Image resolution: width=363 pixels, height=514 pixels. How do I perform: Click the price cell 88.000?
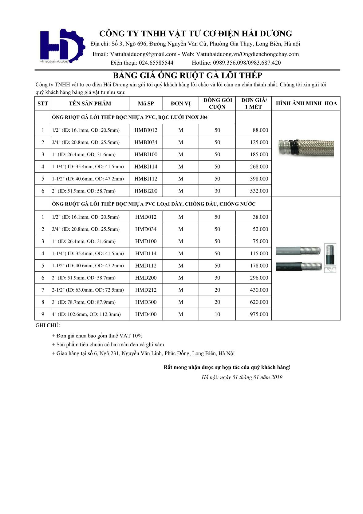260,130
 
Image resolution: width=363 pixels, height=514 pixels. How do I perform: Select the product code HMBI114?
146,166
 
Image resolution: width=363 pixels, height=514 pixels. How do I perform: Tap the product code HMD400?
146,314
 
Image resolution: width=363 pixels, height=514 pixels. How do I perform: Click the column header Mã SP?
146,103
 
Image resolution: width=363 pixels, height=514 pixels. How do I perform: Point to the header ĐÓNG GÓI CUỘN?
217,103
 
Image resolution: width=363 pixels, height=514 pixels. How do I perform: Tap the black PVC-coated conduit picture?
298,266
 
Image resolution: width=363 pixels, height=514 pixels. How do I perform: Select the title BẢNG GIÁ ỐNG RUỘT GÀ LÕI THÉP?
187,75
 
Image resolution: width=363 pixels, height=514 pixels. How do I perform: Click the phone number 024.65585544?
156,63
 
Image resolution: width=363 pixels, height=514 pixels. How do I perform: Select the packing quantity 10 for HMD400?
217,314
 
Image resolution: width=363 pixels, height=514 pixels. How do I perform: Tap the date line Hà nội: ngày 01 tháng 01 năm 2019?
242,377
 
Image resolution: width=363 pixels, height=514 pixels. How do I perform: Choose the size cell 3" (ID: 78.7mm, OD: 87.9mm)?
84,302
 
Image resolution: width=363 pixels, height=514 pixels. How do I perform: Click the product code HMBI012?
146,130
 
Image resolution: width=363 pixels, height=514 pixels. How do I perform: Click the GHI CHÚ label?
48,325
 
